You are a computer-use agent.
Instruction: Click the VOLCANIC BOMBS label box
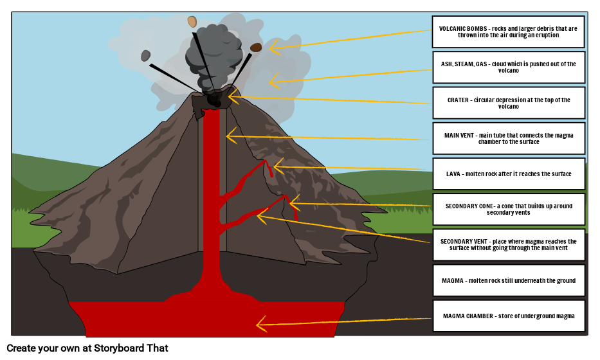click(508, 32)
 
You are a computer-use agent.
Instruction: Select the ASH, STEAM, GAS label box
click(508, 67)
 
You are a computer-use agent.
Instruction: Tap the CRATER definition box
click(508, 103)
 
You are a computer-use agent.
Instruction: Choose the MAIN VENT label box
click(508, 138)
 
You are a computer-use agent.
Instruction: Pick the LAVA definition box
click(508, 174)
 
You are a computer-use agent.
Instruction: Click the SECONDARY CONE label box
click(508, 209)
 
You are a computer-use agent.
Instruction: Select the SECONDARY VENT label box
click(508, 245)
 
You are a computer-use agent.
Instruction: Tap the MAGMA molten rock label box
click(508, 280)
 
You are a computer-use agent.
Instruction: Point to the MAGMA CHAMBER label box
click(508, 316)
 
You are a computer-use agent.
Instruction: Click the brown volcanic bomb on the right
click(256, 47)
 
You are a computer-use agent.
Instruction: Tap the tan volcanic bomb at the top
click(192, 22)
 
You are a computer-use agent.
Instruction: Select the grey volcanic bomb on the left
click(146, 56)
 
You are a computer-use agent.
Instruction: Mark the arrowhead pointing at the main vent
click(230, 136)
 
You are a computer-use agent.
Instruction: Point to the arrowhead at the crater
click(232, 97)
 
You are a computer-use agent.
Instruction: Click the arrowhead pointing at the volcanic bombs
click(273, 47)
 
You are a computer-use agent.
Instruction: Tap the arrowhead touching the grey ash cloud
click(273, 82)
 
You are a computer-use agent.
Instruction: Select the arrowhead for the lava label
click(277, 166)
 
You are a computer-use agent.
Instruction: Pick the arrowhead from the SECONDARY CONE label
click(293, 204)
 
